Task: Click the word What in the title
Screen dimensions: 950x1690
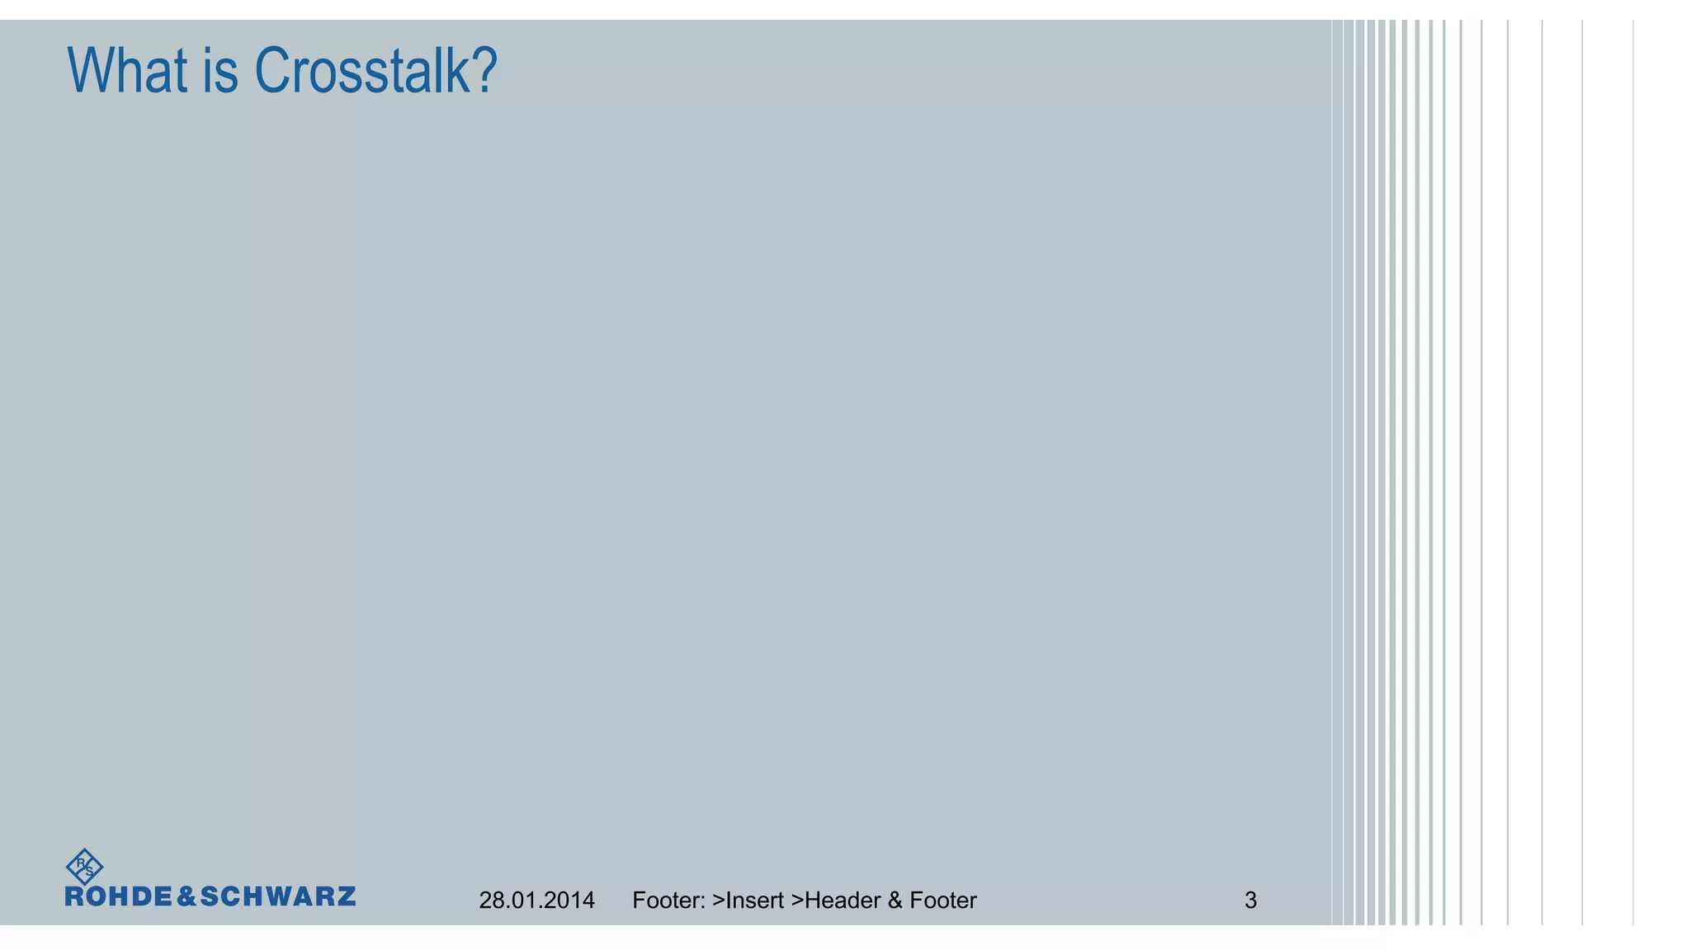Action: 127,71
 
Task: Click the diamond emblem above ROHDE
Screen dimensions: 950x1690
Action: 84,867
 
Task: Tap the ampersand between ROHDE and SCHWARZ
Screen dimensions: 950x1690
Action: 187,897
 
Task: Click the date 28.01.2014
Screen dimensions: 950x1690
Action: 536,901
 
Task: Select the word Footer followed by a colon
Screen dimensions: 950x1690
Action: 668,901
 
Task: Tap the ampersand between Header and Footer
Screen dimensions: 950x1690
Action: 895,901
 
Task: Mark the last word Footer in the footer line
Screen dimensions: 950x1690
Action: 942,901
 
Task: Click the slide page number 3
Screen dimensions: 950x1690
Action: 1251,901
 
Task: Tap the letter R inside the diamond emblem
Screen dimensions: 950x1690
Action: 81,863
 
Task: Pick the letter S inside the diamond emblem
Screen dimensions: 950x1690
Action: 89,872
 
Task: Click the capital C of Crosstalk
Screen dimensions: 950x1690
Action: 272,71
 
